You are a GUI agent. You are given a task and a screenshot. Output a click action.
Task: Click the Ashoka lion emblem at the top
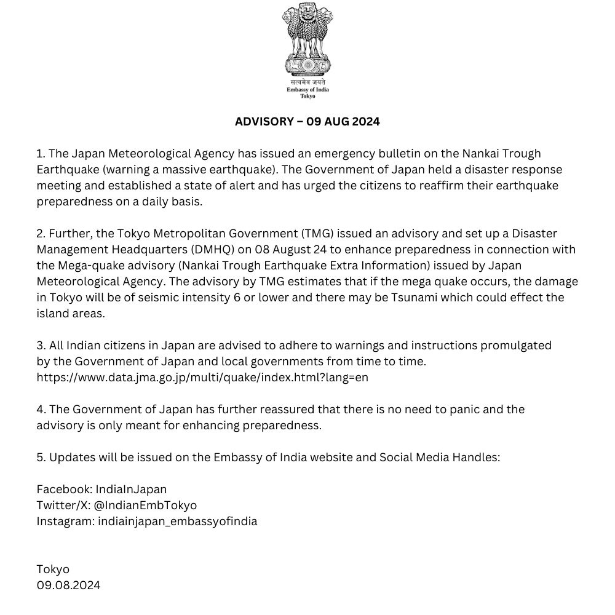307,40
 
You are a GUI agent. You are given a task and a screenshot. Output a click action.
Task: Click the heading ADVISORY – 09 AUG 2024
307,121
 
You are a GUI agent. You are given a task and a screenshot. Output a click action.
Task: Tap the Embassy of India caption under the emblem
307,90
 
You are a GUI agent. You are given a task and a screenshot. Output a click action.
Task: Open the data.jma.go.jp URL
202,377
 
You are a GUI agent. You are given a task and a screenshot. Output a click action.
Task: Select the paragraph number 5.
41,457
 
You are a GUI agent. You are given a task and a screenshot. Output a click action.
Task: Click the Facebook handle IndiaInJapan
131,489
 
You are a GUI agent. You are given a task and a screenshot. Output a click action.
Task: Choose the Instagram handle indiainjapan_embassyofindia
177,521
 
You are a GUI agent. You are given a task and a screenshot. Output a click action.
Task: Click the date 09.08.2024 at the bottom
68,585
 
